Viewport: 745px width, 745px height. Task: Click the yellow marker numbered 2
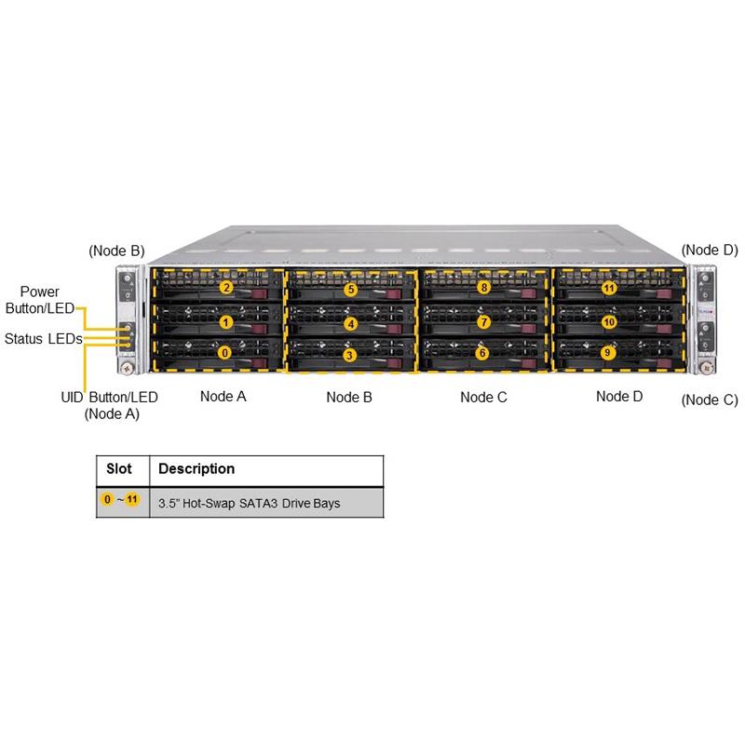pyautogui.click(x=226, y=288)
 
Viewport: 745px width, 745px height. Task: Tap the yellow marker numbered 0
pyautogui.click(x=223, y=353)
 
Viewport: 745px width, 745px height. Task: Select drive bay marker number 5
pyautogui.click(x=350, y=290)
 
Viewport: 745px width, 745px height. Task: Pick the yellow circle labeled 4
pyautogui.click(x=350, y=324)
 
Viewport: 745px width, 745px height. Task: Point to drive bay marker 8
pyautogui.click(x=483, y=288)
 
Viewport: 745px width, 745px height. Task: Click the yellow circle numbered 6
pyautogui.click(x=481, y=353)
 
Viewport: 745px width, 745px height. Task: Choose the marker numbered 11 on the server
pyautogui.click(x=609, y=288)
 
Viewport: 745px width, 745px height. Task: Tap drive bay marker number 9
pyautogui.click(x=608, y=353)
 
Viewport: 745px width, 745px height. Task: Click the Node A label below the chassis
pyautogui.click(x=223, y=396)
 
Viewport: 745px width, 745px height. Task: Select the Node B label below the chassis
pyautogui.click(x=349, y=397)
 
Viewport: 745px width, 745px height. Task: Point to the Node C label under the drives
pyautogui.click(x=483, y=397)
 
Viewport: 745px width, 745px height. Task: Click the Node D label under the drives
pyautogui.click(x=619, y=396)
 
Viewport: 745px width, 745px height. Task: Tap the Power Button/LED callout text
pyautogui.click(x=40, y=301)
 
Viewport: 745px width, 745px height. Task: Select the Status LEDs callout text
pyautogui.click(x=43, y=338)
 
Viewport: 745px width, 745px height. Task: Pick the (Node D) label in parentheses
pyautogui.click(x=710, y=250)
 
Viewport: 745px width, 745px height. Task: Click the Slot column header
pyautogui.click(x=118, y=468)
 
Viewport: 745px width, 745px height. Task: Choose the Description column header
pyautogui.click(x=197, y=468)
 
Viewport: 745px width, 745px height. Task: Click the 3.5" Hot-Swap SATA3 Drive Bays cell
pyautogui.click(x=250, y=503)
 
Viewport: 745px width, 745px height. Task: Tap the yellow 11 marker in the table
pyautogui.click(x=132, y=500)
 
